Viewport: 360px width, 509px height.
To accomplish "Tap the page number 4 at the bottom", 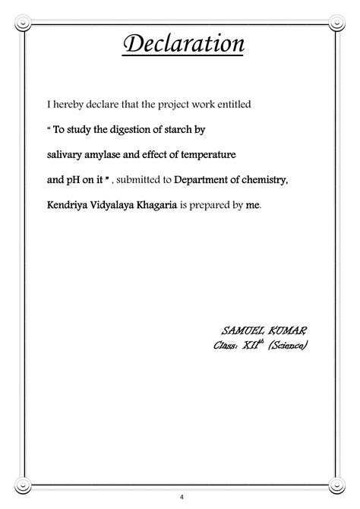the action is tap(180, 497).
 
